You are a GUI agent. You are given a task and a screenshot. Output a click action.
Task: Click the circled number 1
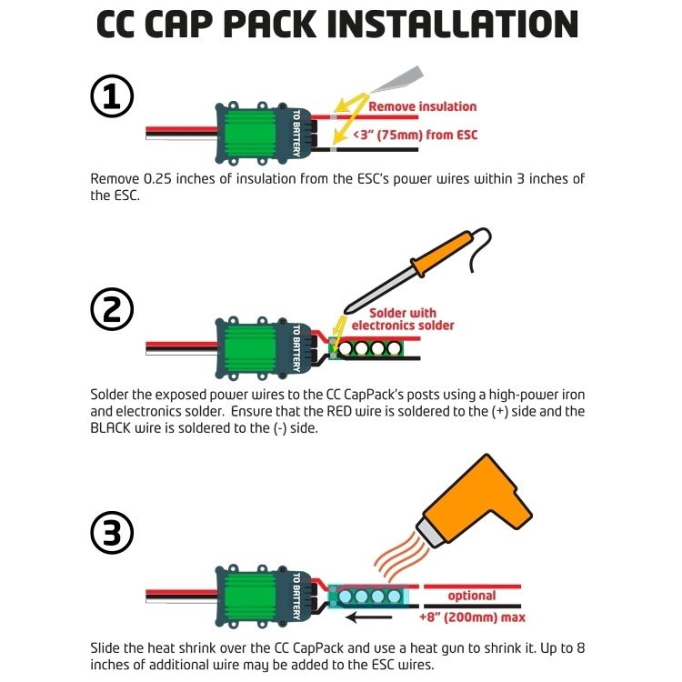112,96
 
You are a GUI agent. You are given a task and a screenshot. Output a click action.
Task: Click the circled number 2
112,309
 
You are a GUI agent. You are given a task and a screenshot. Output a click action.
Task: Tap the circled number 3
112,532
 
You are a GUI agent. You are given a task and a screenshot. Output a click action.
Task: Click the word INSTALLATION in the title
453,25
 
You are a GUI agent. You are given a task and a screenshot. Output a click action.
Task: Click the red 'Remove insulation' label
422,106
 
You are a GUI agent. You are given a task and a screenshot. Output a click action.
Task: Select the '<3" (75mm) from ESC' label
415,135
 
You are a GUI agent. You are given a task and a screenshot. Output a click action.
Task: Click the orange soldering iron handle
441,254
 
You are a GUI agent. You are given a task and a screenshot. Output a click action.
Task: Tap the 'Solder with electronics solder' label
403,319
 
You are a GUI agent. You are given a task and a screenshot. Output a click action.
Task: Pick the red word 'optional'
472,596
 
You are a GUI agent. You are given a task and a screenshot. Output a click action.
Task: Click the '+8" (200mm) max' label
472,617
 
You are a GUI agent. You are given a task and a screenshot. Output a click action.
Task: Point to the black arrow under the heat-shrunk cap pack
369,617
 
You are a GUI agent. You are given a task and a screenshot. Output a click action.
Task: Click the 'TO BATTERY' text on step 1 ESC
296,133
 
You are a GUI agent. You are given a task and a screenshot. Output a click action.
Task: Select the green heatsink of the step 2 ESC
248,349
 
